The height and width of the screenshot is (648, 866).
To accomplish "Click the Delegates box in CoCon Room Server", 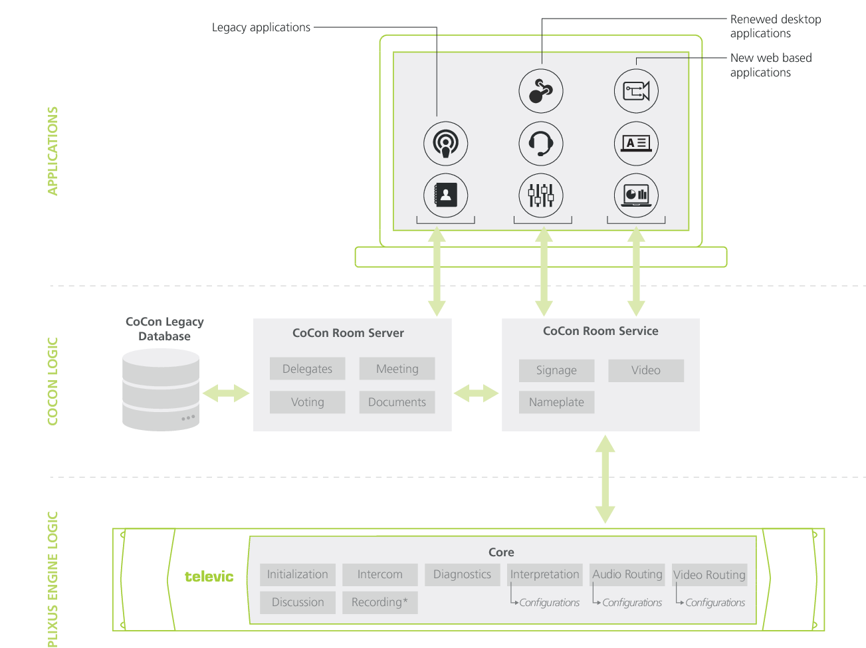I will point(307,369).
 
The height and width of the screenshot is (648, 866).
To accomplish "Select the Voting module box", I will point(307,402).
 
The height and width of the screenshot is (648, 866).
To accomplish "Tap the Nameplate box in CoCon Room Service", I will point(556,402).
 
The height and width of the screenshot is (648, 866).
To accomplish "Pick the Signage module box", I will point(556,370).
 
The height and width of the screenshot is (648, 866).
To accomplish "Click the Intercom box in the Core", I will point(379,574).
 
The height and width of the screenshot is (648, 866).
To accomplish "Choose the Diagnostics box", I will point(462,574).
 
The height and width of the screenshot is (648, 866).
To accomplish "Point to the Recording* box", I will point(379,602).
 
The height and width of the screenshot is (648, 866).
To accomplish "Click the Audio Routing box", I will point(627,574).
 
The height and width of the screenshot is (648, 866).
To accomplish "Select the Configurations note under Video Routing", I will point(714,603).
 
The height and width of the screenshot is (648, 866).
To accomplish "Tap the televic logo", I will point(209,577).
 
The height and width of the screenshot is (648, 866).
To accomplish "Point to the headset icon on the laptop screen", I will point(541,144).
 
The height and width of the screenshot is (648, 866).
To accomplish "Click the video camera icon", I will point(636,91).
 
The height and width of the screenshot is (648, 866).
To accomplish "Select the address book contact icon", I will point(446,195).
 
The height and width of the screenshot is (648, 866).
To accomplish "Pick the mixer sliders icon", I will point(541,195).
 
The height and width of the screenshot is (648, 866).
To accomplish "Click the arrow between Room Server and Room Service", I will point(476,393).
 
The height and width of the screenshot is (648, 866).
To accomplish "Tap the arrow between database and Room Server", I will point(226,393).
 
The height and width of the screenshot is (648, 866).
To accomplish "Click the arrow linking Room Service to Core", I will point(605,479).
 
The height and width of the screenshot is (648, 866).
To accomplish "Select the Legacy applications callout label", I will point(261,27).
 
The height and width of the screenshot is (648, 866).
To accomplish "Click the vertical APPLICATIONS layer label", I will point(53,151).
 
